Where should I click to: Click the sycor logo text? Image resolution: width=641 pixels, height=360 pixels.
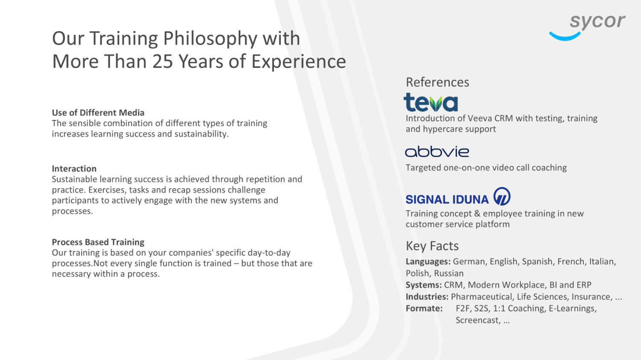597,21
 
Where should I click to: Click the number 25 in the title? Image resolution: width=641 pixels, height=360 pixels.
162,61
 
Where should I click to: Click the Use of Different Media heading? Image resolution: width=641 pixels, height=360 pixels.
98,113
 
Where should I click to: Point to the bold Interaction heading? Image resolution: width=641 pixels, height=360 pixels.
74,168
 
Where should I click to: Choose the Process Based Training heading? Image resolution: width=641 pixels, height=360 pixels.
98,242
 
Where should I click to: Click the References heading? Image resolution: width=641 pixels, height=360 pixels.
437,82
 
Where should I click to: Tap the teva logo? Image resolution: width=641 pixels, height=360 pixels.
431,102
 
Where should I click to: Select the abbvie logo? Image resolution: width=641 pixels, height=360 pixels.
437,152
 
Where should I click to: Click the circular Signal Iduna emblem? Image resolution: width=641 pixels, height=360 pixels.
502,196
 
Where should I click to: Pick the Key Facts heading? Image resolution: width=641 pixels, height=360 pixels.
432,246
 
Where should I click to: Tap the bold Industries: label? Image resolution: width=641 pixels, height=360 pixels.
427,297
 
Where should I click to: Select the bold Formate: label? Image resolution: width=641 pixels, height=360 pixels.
424,308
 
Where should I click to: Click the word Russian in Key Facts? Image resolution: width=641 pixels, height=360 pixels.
449,273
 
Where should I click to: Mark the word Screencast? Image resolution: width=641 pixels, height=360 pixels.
478,320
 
